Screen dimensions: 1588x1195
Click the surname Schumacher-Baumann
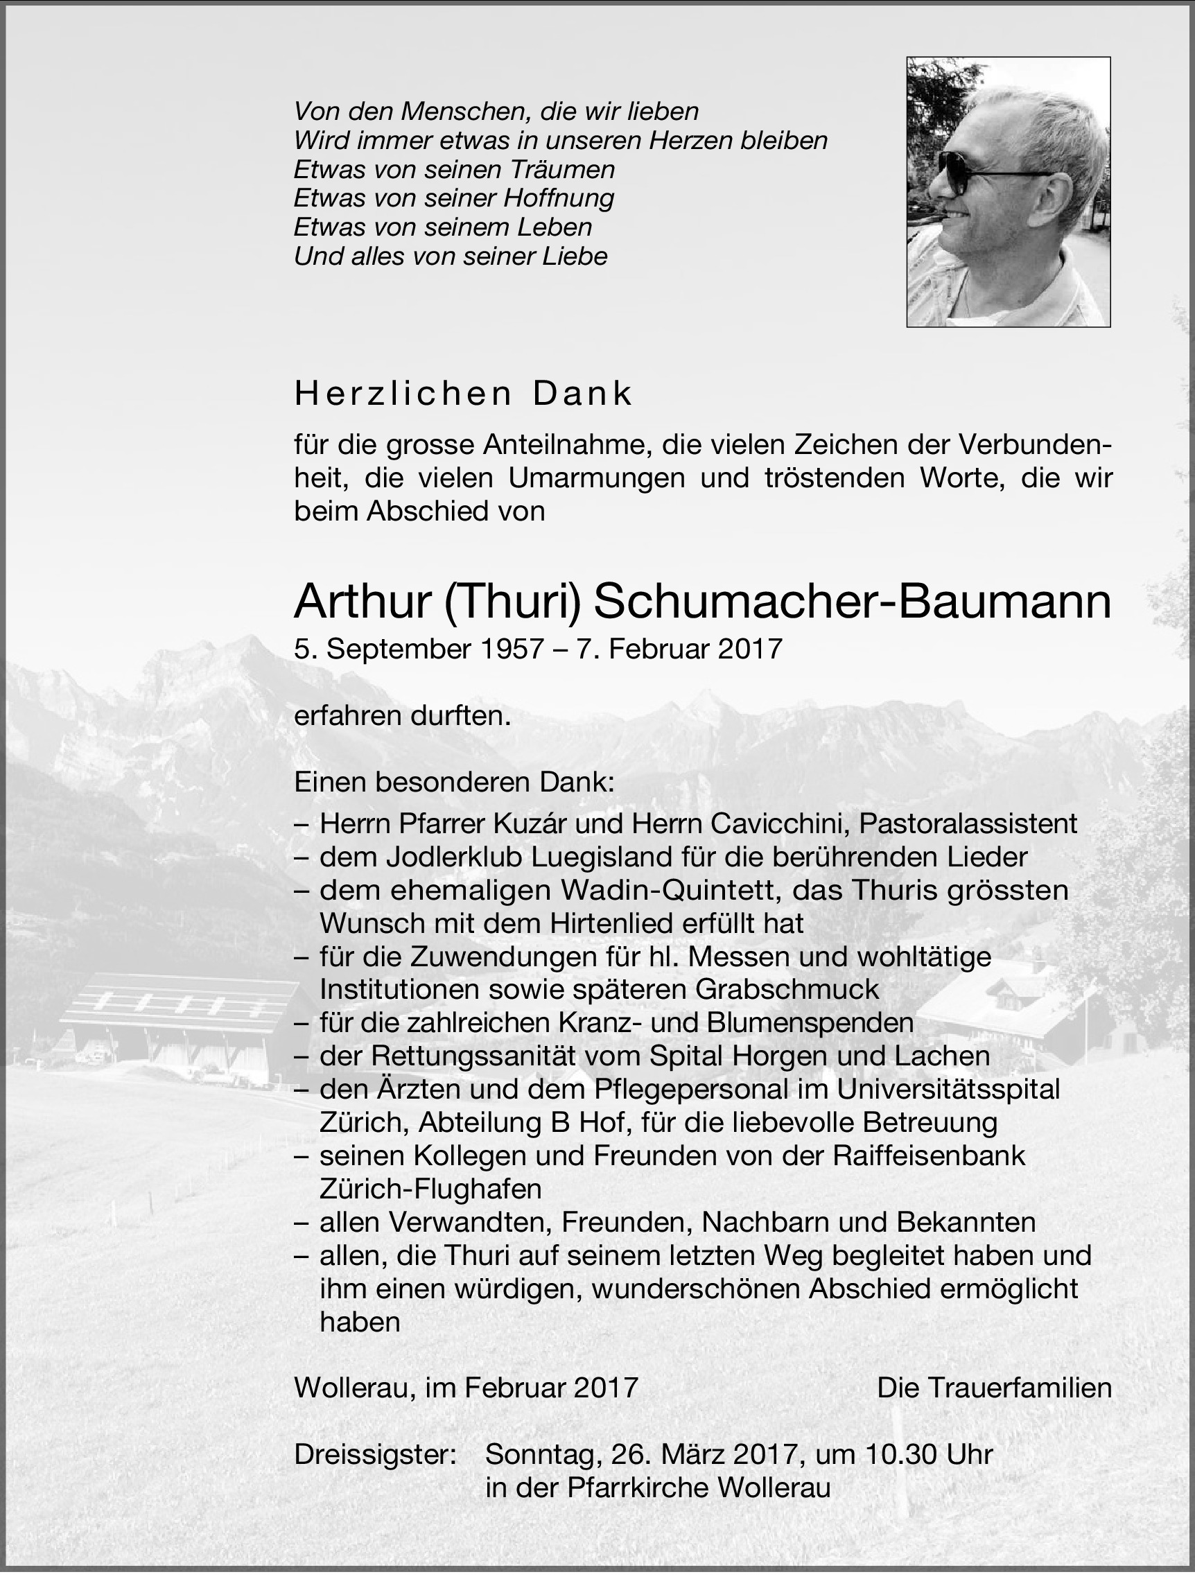(853, 601)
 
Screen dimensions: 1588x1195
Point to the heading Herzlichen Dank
(464, 394)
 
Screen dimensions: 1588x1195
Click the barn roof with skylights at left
(176, 999)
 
